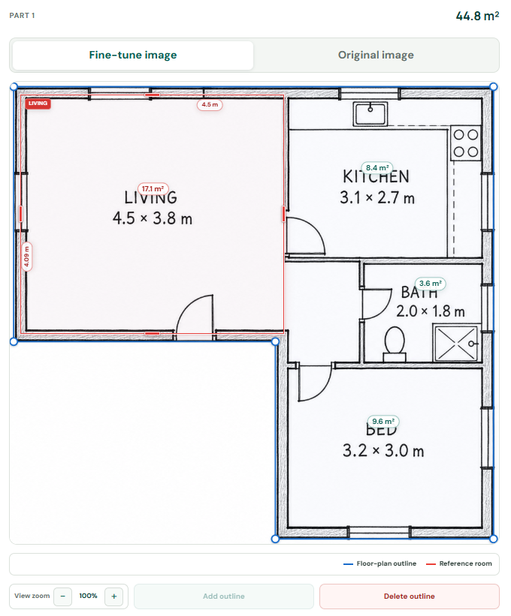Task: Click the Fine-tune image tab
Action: click(133, 55)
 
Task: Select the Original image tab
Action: click(376, 55)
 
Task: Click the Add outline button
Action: click(224, 596)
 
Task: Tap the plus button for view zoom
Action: click(114, 596)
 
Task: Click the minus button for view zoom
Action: click(62, 596)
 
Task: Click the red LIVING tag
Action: click(38, 104)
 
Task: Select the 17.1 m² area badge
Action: click(153, 188)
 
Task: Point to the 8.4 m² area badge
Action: click(377, 168)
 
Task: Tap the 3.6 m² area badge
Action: click(431, 284)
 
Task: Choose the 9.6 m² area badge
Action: click(383, 421)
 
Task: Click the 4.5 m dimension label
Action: click(210, 104)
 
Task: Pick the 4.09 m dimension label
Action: click(26, 257)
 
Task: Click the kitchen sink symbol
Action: click(370, 114)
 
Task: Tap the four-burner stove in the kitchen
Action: click(466, 143)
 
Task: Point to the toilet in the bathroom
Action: click(395, 344)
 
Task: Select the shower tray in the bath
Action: click(456, 343)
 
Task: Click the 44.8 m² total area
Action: click(477, 16)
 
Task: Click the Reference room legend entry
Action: click(458, 563)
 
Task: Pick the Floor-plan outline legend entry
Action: click(379, 563)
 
